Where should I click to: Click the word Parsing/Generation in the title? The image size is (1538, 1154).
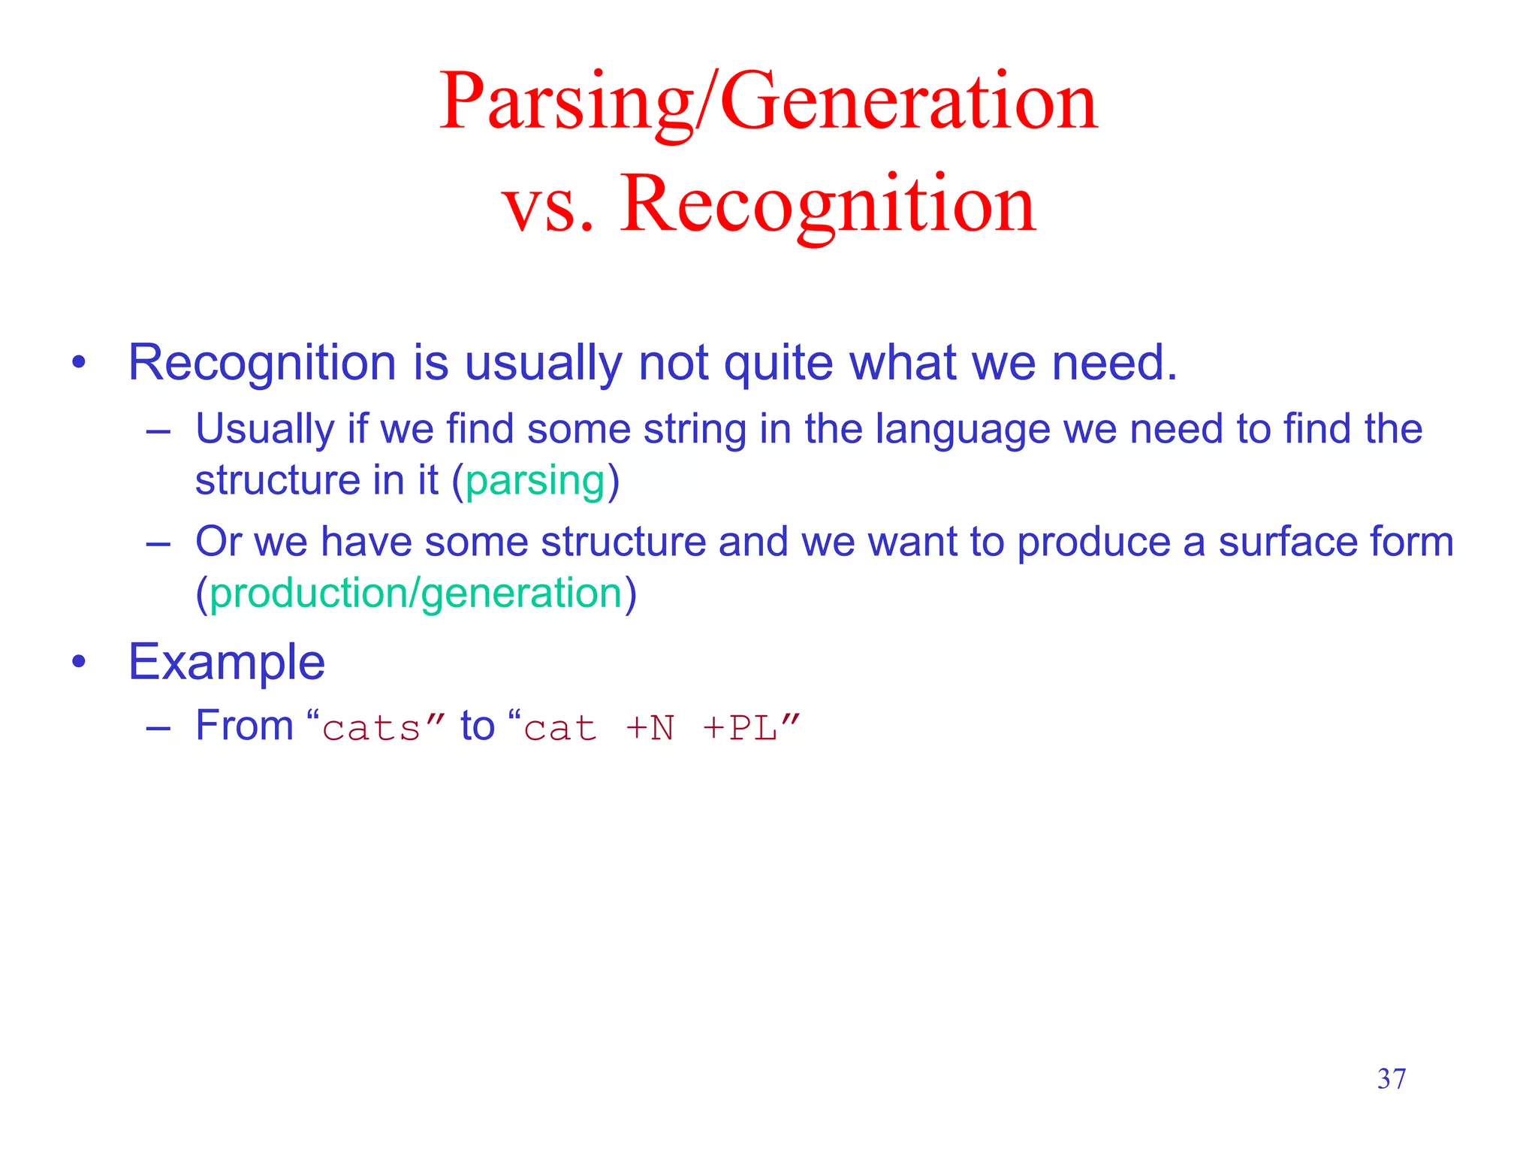(768, 101)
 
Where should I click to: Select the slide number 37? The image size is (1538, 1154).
(1391, 1079)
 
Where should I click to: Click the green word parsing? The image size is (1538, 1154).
(535, 482)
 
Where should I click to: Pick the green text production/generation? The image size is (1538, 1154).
(416, 594)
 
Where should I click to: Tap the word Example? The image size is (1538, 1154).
(226, 663)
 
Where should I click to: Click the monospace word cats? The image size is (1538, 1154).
(371, 728)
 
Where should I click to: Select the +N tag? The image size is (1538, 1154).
(650, 728)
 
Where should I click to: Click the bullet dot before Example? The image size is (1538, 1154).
(79, 663)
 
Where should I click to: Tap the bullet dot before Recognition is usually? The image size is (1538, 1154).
(79, 363)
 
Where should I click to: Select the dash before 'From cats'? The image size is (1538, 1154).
(158, 728)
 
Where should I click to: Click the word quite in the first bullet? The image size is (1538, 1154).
(778, 363)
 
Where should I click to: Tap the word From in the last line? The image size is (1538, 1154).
(244, 727)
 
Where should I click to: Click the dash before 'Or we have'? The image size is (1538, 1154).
(158, 543)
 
